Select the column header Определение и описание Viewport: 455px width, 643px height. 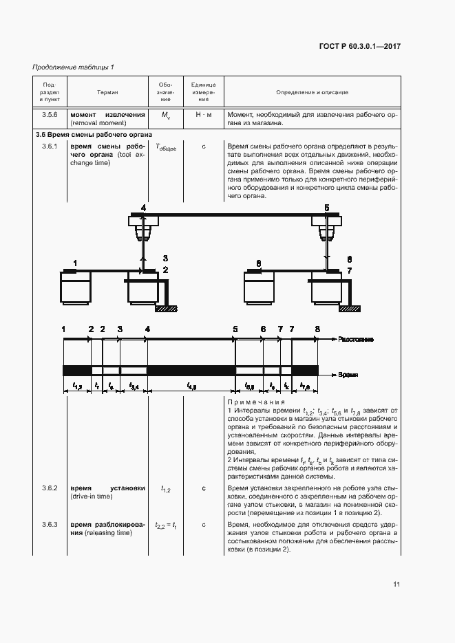312,92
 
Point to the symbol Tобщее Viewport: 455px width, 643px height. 166,147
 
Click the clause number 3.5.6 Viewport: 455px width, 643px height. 50,115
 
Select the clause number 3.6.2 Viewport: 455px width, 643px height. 50,488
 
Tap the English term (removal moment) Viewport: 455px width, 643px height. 98,123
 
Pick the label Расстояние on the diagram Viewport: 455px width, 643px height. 357,340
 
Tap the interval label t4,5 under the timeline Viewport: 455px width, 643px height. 191,387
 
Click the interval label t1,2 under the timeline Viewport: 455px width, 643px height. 77,387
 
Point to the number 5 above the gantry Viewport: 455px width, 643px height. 327,207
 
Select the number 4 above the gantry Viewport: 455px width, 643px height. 143,207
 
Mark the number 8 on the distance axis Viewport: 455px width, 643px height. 317,329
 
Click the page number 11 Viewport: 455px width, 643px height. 396,585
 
